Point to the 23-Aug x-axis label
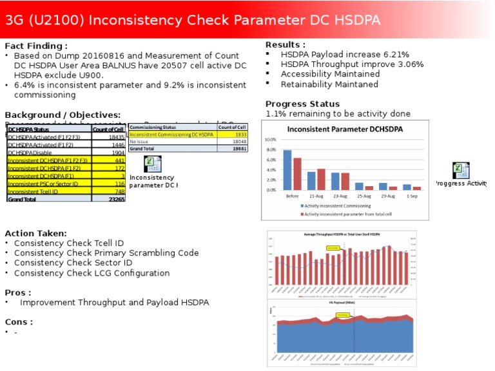340,195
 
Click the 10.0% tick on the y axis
270,139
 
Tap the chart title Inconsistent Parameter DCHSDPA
345,129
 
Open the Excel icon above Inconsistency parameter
152,164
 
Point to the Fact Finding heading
36,46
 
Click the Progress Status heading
302,104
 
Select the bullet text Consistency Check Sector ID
73,263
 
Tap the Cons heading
19,321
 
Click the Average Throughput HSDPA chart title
342,234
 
